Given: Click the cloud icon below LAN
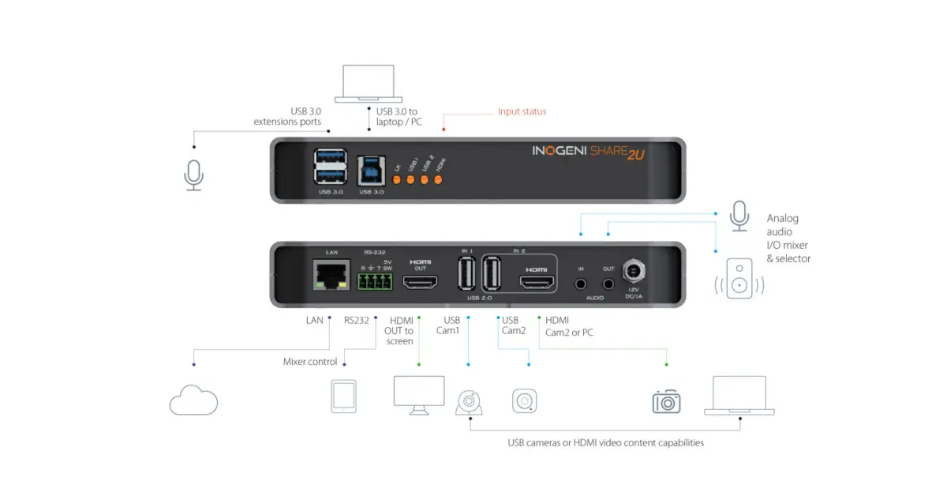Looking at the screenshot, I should tap(193, 400).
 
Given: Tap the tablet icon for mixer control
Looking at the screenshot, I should tap(343, 397).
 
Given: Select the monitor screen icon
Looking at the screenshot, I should tap(418, 394).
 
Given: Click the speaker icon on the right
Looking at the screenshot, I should tap(740, 276).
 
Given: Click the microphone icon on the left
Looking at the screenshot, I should tap(193, 175).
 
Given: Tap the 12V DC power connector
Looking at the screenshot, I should tap(633, 273).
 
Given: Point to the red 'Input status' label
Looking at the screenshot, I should tap(522, 111).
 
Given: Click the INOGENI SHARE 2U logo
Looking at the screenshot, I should tap(589, 152).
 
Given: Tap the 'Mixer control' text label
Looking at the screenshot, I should tap(310, 362).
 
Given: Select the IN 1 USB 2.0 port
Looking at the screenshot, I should tap(465, 277).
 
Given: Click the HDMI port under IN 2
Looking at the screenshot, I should tap(536, 282).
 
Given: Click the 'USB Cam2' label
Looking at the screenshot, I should tap(513, 325).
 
